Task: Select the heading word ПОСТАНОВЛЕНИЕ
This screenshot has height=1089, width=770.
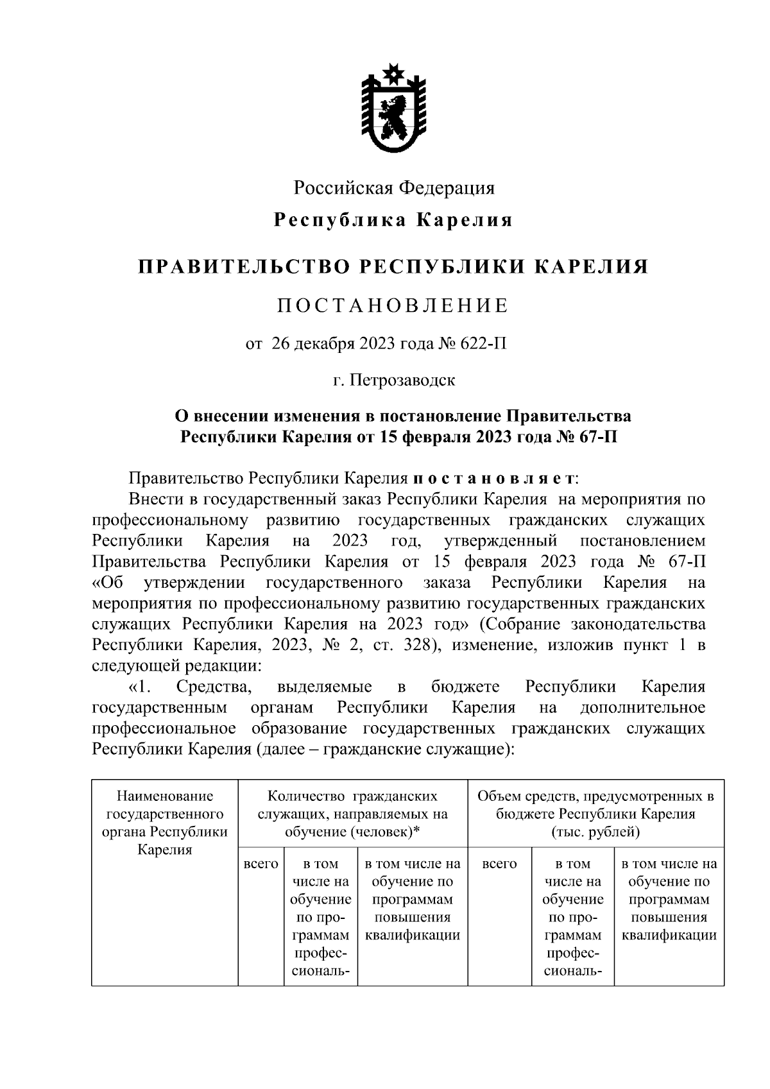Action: (x=393, y=305)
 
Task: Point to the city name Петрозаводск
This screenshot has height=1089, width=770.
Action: (x=402, y=380)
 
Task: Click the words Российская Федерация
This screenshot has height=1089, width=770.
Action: (x=394, y=188)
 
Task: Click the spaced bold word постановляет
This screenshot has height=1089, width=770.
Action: (x=493, y=479)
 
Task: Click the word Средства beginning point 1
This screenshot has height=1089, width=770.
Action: (x=214, y=687)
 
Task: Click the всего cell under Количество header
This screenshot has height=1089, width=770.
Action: (x=261, y=864)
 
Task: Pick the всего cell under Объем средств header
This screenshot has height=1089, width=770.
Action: (x=499, y=864)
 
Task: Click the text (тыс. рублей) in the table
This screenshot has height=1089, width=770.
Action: (x=595, y=832)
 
